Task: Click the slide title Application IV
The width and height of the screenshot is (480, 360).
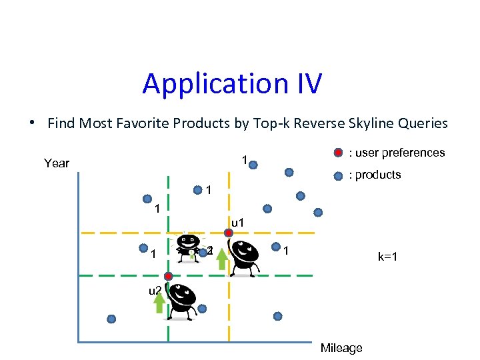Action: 232,84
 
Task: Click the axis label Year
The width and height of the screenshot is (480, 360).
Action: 57,163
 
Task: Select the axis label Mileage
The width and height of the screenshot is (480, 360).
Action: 341,348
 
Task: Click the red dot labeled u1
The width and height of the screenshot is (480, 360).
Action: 228,233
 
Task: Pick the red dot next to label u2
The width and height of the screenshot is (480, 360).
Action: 168,276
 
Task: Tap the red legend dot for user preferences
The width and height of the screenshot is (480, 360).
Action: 339,153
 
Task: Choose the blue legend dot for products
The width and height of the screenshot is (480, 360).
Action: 339,175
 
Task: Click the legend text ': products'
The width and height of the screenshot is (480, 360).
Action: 375,175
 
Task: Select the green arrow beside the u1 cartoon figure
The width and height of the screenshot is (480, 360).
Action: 221,259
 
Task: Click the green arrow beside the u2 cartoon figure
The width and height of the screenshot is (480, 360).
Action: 159,303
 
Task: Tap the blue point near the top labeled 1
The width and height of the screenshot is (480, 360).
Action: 254,162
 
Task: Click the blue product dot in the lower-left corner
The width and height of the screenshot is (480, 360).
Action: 111,319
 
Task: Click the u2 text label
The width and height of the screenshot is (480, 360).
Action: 155,290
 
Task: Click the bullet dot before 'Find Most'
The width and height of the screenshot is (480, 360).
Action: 31,123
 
